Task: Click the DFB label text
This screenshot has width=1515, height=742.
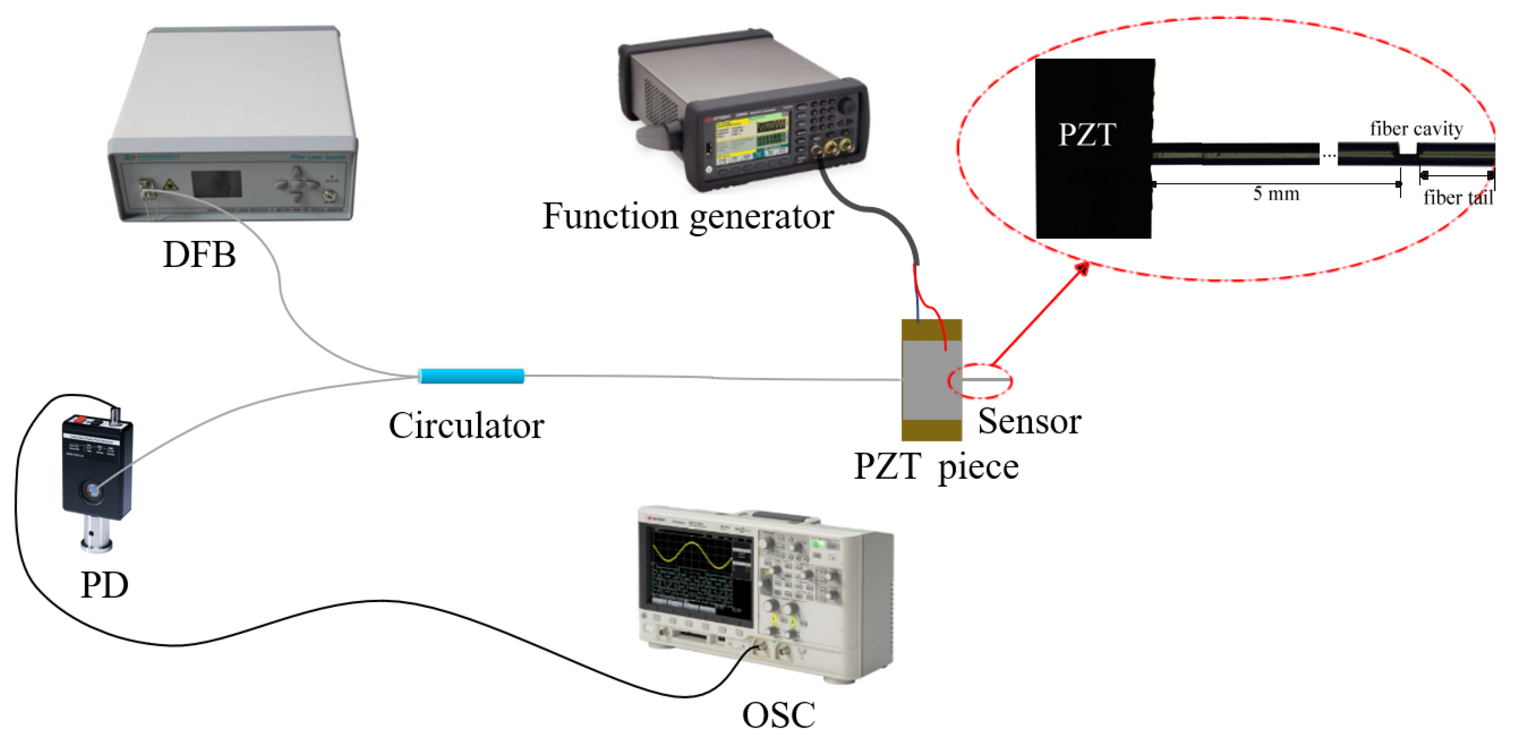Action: pyautogui.click(x=199, y=255)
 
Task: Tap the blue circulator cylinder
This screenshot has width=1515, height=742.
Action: pyautogui.click(x=471, y=376)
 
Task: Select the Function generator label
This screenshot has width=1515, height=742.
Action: pyautogui.click(x=688, y=216)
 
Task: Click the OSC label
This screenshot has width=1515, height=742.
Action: pyautogui.click(x=778, y=715)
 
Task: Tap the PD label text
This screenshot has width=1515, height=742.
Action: pyautogui.click(x=104, y=585)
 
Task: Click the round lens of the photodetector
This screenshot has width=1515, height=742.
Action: pyautogui.click(x=93, y=489)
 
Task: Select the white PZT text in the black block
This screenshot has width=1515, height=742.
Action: pyautogui.click(x=1087, y=135)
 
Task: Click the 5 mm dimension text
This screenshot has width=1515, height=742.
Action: pyautogui.click(x=1276, y=193)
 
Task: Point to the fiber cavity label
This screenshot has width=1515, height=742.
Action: pyautogui.click(x=1416, y=128)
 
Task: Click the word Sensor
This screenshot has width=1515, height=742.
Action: pyautogui.click(x=1029, y=421)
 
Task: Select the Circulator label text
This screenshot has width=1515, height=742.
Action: pyautogui.click(x=467, y=425)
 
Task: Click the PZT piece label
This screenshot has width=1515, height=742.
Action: pyautogui.click(x=936, y=467)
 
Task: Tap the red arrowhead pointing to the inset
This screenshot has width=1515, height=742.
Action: pyautogui.click(x=1082, y=269)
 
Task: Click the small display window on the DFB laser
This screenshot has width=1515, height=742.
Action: pyautogui.click(x=216, y=184)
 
